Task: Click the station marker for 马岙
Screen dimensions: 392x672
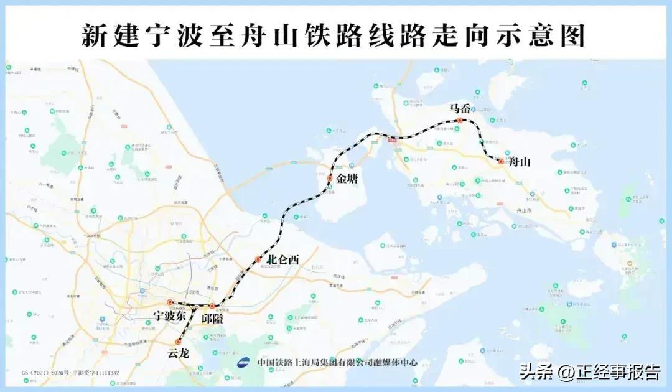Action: click(x=459, y=120)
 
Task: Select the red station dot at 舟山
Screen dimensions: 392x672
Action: click(x=501, y=162)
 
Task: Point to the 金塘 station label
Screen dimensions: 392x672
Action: click(x=349, y=179)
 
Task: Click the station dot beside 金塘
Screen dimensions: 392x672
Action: click(x=330, y=179)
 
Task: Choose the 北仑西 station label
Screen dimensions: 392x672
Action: click(x=282, y=260)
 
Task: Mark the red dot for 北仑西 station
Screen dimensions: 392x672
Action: click(x=258, y=259)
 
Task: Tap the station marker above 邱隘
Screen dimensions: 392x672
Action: click(x=212, y=306)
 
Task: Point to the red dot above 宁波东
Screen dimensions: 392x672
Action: click(x=169, y=302)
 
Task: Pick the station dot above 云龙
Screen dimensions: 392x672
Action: click(x=178, y=342)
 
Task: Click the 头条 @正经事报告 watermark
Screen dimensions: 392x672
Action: click(x=590, y=372)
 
